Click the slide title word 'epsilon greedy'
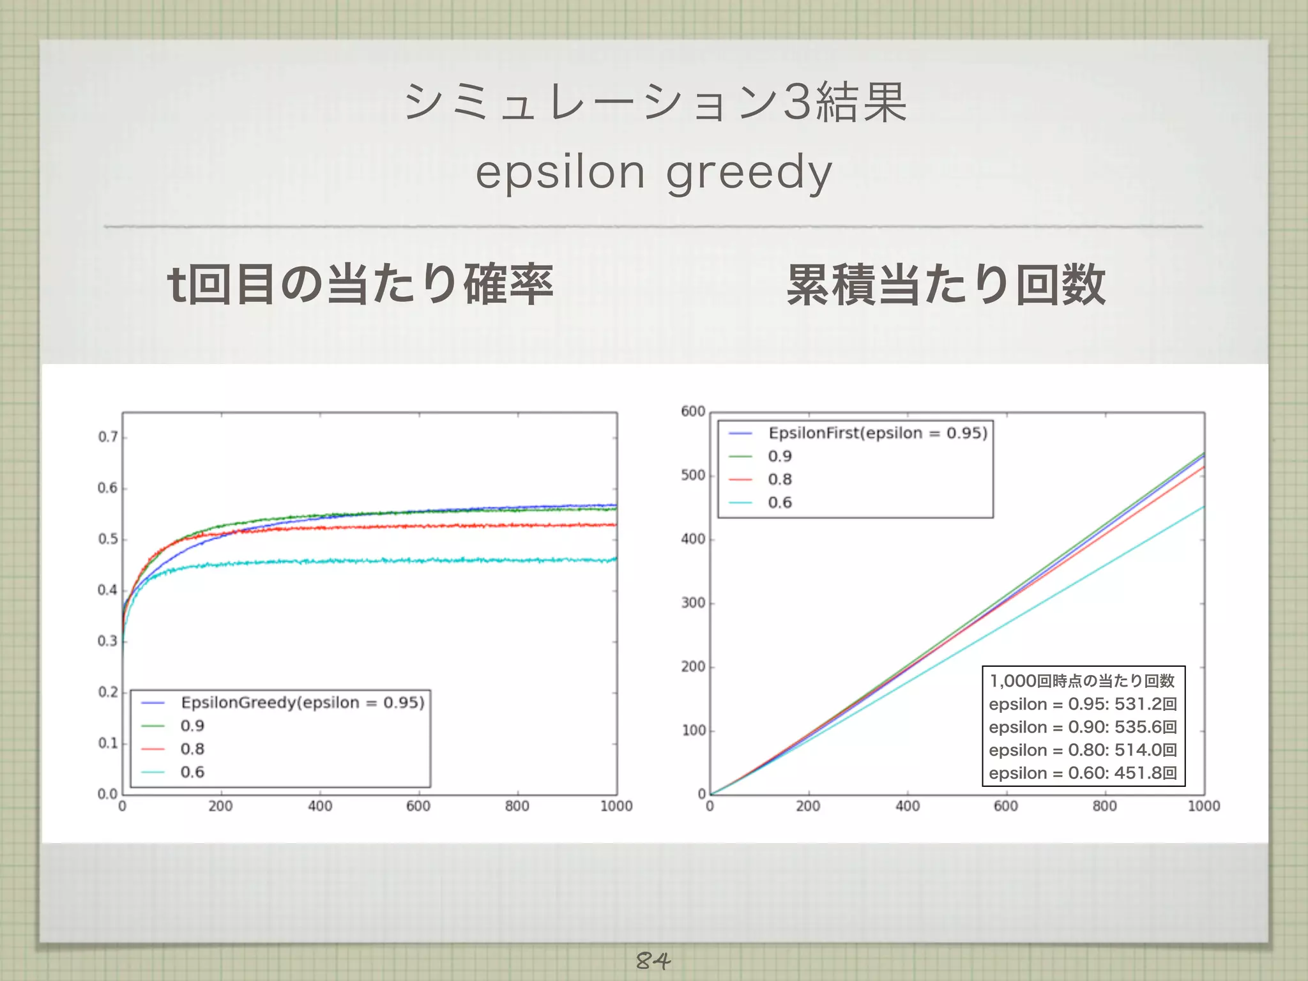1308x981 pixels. (x=654, y=172)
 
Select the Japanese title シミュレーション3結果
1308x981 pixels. (x=655, y=102)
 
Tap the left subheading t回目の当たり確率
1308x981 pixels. (x=360, y=285)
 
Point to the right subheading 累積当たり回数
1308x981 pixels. (x=946, y=285)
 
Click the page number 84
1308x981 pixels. (x=653, y=960)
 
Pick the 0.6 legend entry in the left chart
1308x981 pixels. (x=192, y=772)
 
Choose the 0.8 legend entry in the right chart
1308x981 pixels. (x=780, y=480)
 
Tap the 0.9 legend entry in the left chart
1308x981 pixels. (x=192, y=726)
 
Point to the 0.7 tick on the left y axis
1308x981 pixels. (x=108, y=437)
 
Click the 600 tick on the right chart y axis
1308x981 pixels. (x=693, y=411)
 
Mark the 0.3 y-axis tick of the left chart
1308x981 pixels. (x=108, y=641)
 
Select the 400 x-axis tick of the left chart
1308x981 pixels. (x=320, y=806)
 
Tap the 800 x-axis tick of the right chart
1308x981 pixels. (x=1104, y=806)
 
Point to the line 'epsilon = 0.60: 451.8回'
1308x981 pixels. (x=1083, y=773)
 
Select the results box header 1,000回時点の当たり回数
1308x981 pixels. (x=1083, y=681)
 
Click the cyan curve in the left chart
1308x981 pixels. (x=383, y=561)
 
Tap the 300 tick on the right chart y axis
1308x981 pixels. (x=693, y=603)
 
